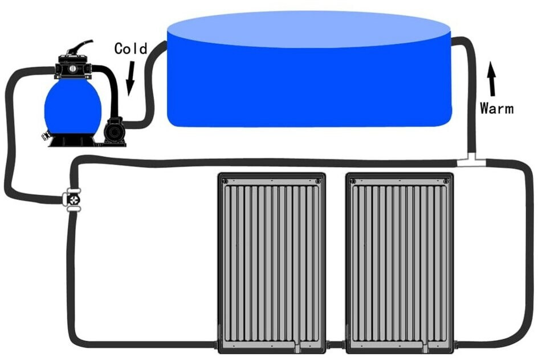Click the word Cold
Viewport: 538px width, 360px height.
tap(131, 48)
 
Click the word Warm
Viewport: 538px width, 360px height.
tap(497, 108)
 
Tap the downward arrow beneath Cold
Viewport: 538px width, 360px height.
tap(130, 79)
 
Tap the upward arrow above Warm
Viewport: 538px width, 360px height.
tap(492, 79)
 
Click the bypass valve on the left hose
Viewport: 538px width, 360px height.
tap(73, 200)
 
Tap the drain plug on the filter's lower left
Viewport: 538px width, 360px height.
tap(45, 136)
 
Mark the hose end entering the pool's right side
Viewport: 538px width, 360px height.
tap(454, 41)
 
